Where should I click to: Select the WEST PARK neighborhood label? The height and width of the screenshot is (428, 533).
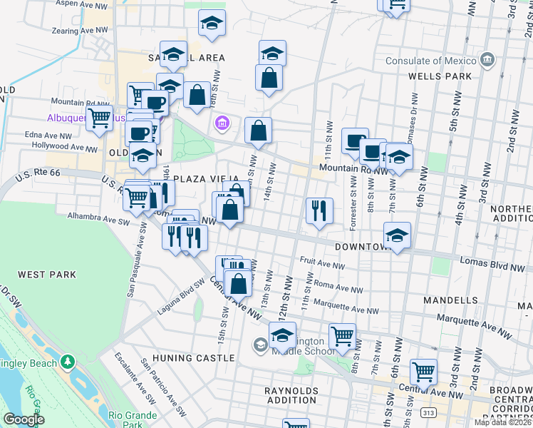pos(42,275)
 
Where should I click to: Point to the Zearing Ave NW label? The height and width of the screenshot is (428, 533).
pos(80,31)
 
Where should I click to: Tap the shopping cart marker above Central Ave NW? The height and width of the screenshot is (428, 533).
pos(423,372)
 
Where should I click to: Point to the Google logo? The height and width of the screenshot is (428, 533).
pos(24,419)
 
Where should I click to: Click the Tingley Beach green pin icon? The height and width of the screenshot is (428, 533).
pos(68,362)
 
